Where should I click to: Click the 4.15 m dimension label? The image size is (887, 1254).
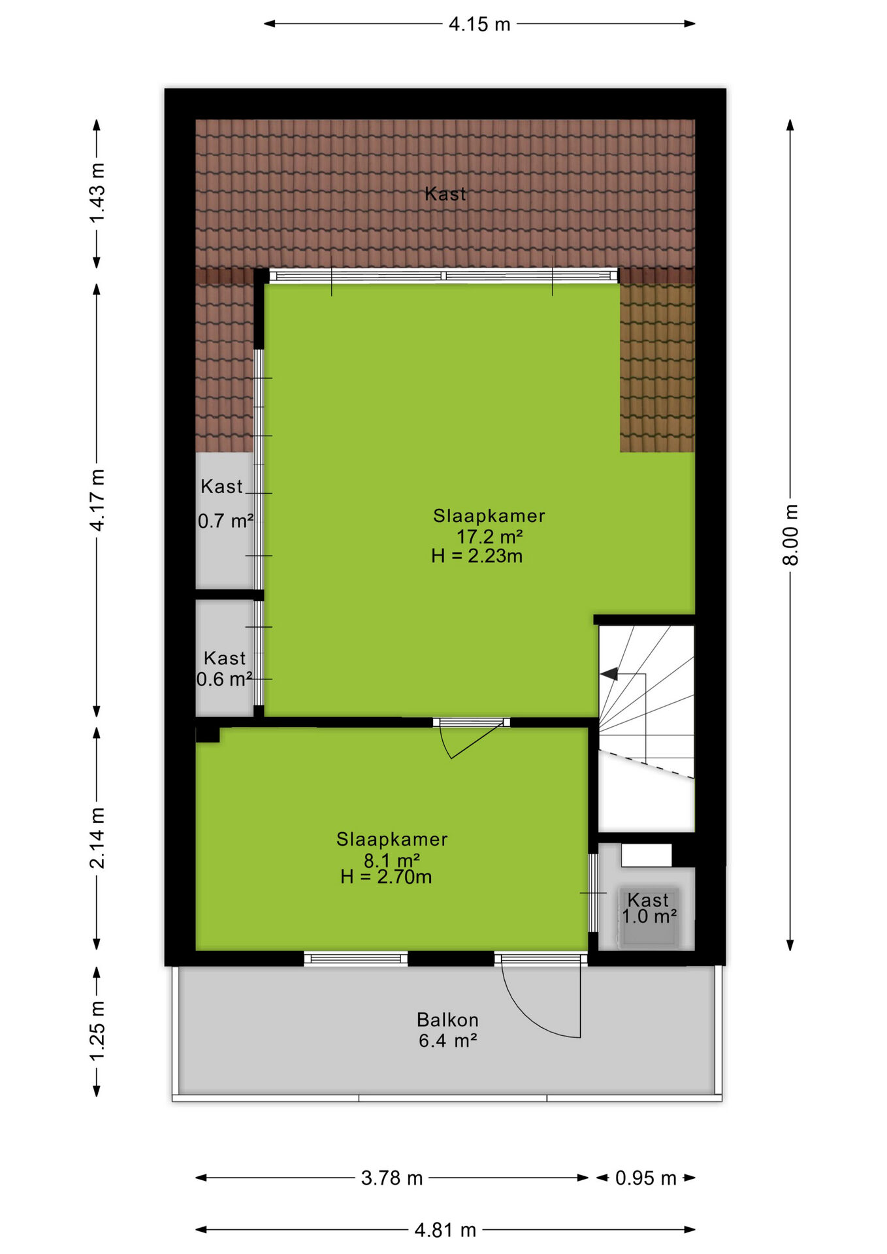pos(479,24)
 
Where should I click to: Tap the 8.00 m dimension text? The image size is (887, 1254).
pos(790,534)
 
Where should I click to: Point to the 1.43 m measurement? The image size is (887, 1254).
pos(97,193)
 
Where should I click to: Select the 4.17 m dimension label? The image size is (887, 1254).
pos(97,500)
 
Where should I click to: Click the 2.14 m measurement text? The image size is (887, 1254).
pos(97,838)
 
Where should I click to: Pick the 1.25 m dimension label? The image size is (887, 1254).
pos(97,1031)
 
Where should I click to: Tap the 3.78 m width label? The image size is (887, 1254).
pos(392,1178)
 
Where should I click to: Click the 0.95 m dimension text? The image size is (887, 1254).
pos(645,1178)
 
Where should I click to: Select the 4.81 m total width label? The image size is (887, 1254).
pos(445,1230)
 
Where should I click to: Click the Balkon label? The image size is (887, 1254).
pos(447,1020)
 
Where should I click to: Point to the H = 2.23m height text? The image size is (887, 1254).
pos(477,556)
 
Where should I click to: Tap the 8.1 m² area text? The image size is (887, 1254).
pos(391,860)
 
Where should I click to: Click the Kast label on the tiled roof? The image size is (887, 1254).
pos(445,193)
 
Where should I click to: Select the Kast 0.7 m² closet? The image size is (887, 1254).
pos(225,520)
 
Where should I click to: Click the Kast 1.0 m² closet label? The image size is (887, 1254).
pos(649,908)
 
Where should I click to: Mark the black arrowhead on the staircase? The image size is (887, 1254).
pos(609,674)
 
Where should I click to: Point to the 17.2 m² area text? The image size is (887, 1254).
pos(489,536)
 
